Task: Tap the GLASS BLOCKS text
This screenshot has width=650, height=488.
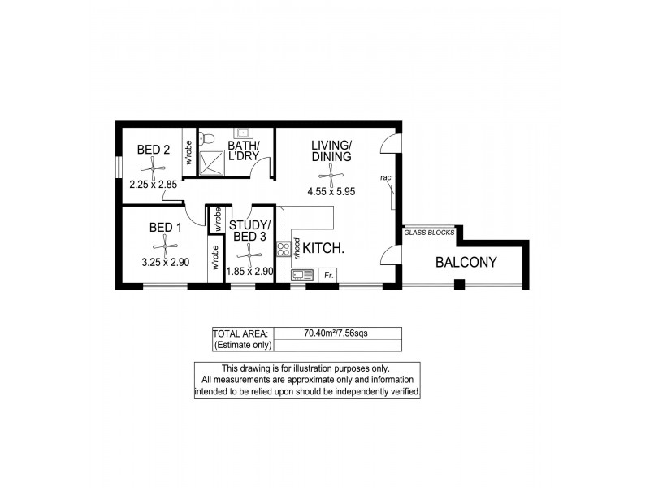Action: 430,233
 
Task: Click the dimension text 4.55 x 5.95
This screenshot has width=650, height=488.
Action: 331,192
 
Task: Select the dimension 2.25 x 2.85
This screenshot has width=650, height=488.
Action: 153,185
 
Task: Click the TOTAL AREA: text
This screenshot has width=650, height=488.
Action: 235,333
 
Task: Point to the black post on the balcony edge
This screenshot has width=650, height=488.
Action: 458,284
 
